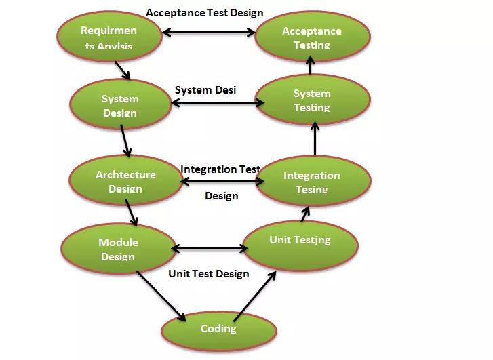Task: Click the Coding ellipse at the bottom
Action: (x=218, y=329)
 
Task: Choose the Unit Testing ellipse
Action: (x=300, y=241)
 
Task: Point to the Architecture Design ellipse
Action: (x=125, y=180)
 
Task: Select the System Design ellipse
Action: (x=120, y=105)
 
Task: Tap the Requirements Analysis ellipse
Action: (x=109, y=37)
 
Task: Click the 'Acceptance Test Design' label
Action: (x=205, y=12)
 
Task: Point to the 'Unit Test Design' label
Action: (x=209, y=274)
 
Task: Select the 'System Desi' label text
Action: (x=205, y=89)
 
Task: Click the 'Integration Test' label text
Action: (x=220, y=169)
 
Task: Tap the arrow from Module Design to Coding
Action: (x=161, y=296)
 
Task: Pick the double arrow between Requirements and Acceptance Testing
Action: (x=208, y=31)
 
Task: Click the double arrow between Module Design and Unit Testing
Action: (x=209, y=249)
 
